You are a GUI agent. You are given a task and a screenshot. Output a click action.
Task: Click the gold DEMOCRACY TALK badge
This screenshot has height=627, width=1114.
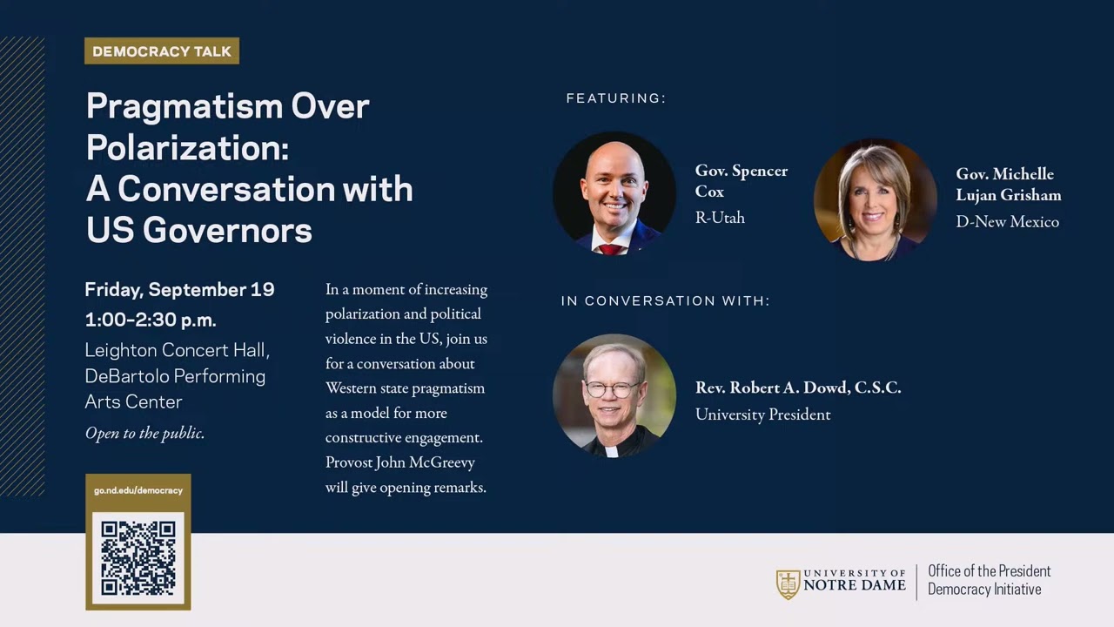click(162, 51)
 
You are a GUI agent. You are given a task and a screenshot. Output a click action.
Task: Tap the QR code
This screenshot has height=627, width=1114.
click(138, 558)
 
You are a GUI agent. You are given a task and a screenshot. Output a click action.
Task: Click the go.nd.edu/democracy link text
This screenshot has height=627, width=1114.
click(138, 490)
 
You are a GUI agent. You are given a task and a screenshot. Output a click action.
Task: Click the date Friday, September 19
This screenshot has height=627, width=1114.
click(179, 290)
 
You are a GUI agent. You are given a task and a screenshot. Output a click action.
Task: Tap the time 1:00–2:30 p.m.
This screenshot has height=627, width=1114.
click(151, 320)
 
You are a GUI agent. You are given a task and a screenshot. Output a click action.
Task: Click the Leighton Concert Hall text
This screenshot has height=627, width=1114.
click(177, 350)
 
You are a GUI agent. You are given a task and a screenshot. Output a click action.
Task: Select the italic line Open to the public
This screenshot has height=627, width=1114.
click(144, 433)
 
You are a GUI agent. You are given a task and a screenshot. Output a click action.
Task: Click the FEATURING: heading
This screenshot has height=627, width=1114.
click(615, 98)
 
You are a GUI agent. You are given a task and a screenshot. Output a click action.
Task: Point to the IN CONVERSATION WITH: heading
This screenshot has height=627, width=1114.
click(665, 300)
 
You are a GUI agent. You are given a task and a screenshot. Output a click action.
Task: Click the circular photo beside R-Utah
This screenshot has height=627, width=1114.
click(614, 192)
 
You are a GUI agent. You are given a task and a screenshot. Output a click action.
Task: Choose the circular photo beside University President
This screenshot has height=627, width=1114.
click(614, 395)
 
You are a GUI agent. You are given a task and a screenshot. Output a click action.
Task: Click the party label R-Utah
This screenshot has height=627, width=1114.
click(720, 218)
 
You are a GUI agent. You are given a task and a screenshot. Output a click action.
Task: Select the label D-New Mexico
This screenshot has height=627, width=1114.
click(1007, 222)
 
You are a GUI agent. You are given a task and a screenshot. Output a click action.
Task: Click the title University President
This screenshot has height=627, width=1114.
click(762, 415)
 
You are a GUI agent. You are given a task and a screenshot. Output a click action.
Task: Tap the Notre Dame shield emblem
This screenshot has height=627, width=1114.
click(788, 583)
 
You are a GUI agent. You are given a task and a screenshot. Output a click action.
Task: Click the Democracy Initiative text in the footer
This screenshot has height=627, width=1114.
click(983, 590)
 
